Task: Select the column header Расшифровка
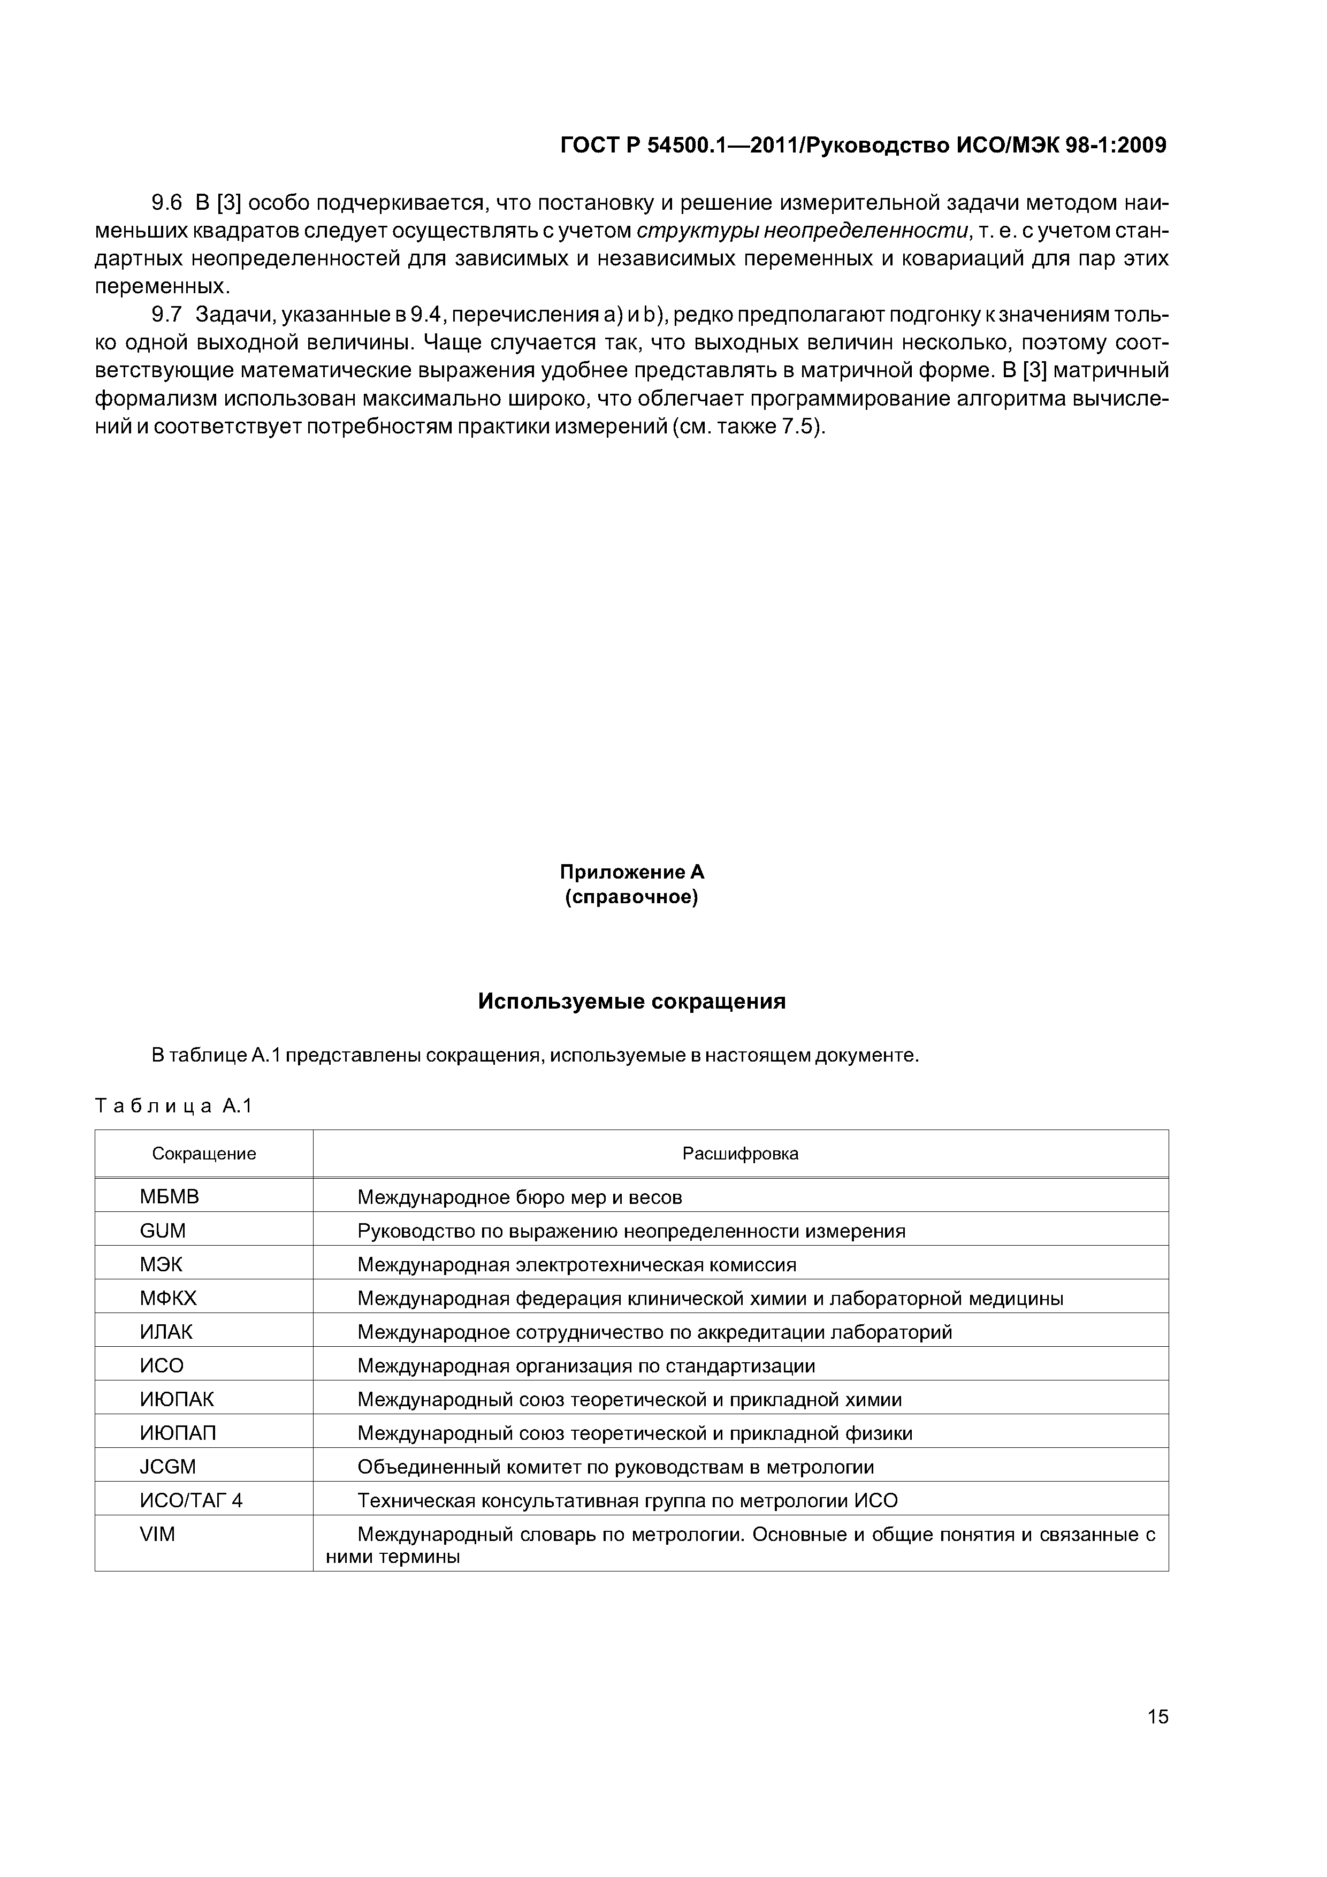tap(740, 1154)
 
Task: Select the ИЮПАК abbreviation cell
tap(177, 1399)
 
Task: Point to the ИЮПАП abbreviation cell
tap(178, 1433)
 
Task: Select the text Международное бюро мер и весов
tap(519, 1197)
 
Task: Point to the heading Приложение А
tap(631, 872)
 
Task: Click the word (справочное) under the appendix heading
tap(631, 898)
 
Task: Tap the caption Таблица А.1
tap(173, 1106)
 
